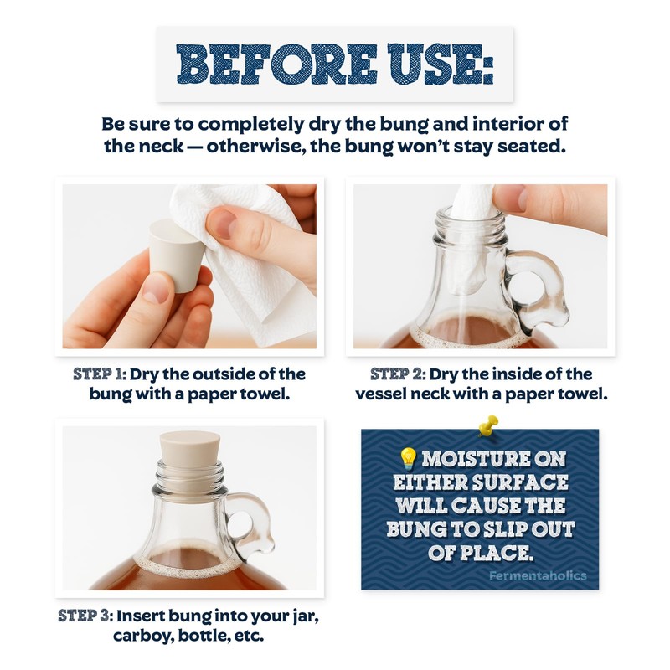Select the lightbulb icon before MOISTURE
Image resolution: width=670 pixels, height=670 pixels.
(408, 458)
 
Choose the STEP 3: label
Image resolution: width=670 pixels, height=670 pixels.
(85, 616)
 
